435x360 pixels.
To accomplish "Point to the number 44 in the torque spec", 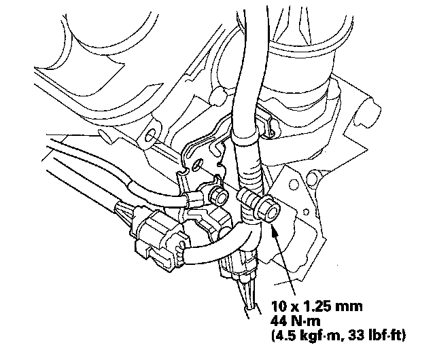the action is (279, 321).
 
